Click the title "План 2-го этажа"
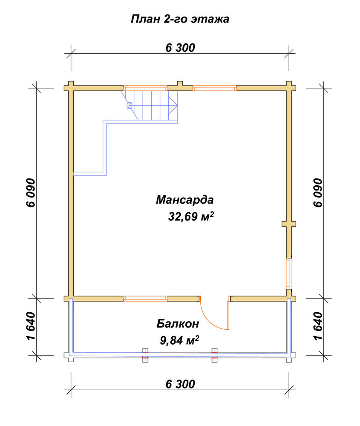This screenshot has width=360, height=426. (180, 19)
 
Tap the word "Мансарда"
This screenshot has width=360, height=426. (185, 200)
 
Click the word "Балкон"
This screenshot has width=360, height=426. (178, 324)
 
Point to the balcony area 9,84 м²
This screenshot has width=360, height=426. (179, 340)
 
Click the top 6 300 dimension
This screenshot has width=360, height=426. (180, 48)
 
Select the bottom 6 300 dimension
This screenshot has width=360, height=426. (180, 384)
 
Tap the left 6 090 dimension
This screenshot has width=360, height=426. (31, 193)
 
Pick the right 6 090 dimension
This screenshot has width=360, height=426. (318, 193)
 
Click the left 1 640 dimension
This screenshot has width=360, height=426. (31, 326)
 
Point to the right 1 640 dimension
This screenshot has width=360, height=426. (318, 326)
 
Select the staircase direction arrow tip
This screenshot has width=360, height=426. (177, 105)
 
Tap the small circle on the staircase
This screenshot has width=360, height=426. (130, 105)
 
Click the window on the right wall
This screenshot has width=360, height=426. (289, 273)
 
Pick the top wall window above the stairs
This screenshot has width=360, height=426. (145, 88)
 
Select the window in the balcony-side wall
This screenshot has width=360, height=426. (145, 298)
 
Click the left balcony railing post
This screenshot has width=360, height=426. (145, 355)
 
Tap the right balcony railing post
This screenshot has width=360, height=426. (215, 355)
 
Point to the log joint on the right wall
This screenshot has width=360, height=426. (289, 224)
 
